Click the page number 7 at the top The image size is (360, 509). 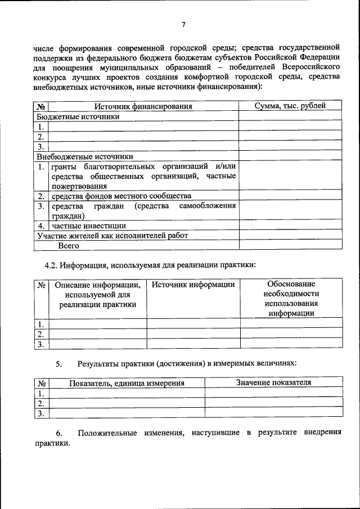(x=183, y=24)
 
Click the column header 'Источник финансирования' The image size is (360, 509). (x=143, y=106)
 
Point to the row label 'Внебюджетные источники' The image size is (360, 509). (x=85, y=156)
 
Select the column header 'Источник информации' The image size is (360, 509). (x=193, y=285)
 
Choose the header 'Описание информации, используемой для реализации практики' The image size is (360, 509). (x=97, y=294)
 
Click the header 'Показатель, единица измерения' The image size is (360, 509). (x=127, y=383)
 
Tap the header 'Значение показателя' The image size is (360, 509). (x=273, y=382)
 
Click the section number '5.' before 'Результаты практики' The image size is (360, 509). (x=59, y=363)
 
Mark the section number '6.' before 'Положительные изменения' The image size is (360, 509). (x=59, y=433)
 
